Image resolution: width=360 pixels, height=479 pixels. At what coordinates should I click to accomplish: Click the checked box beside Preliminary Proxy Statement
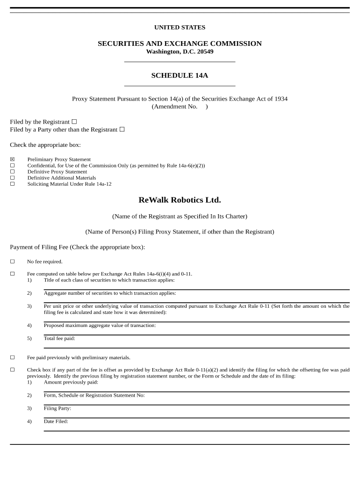click(13, 160)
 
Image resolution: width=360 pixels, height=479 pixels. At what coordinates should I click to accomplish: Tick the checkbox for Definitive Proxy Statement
click(13, 172)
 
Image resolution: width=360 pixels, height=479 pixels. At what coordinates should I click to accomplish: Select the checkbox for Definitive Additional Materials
click(13, 178)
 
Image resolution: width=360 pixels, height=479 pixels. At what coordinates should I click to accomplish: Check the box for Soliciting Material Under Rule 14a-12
click(13, 184)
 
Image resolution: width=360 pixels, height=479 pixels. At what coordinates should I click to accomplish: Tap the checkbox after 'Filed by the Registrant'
click(74, 122)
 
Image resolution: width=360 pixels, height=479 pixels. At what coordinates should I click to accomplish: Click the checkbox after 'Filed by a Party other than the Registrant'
click(122, 130)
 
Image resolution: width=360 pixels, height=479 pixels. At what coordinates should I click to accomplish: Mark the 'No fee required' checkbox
click(13, 261)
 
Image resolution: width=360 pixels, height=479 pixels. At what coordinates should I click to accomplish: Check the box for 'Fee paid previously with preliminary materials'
click(13, 357)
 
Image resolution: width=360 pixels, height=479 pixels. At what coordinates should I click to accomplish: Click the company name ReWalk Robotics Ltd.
click(180, 200)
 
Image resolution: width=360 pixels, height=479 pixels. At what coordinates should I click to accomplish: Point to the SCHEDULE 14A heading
click(180, 75)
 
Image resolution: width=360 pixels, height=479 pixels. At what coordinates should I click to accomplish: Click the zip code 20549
click(205, 51)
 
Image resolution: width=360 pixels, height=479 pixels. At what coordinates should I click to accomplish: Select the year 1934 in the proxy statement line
click(281, 99)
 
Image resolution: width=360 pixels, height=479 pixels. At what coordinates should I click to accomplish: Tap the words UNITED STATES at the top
click(180, 28)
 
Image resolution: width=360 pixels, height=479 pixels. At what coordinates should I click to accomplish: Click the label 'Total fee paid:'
click(59, 338)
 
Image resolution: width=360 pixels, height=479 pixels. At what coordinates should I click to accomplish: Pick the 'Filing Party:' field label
click(58, 408)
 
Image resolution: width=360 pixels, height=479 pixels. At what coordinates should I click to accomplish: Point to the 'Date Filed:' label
click(56, 421)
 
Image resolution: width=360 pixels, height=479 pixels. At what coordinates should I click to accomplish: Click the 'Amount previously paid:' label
click(71, 382)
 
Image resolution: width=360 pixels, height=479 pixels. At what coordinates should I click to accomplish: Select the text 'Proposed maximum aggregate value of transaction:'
click(100, 325)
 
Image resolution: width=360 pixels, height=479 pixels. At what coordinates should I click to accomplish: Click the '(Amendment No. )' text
click(180, 107)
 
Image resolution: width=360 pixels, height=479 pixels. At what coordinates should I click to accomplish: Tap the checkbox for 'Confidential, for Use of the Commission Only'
click(13, 166)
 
